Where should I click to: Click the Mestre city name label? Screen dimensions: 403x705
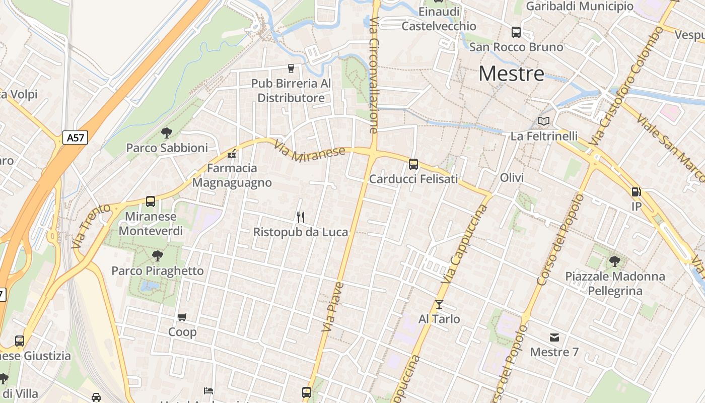(x=511, y=74)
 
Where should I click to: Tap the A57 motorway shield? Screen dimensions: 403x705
(x=75, y=138)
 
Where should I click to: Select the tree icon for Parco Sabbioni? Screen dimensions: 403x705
(x=167, y=133)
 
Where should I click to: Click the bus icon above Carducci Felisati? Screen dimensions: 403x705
(x=413, y=164)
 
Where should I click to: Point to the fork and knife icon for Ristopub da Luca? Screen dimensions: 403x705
(x=301, y=217)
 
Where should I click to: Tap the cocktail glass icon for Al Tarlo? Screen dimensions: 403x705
(x=439, y=304)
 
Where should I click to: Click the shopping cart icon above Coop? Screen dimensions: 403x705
(x=182, y=317)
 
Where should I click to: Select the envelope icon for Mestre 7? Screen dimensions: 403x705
(x=554, y=337)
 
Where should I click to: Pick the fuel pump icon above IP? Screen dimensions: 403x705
(x=637, y=191)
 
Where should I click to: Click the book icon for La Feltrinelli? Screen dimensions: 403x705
(x=544, y=121)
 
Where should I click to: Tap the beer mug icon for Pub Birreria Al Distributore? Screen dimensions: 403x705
(x=291, y=68)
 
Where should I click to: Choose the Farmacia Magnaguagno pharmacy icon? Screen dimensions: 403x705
(x=232, y=153)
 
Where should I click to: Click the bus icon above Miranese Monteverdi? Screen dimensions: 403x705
(x=151, y=201)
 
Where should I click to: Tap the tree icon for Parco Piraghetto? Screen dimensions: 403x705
(x=158, y=256)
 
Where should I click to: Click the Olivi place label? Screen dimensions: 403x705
(x=512, y=177)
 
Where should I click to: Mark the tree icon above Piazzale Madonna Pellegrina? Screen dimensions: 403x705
(x=614, y=261)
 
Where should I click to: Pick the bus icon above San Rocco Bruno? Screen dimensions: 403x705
(x=516, y=32)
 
